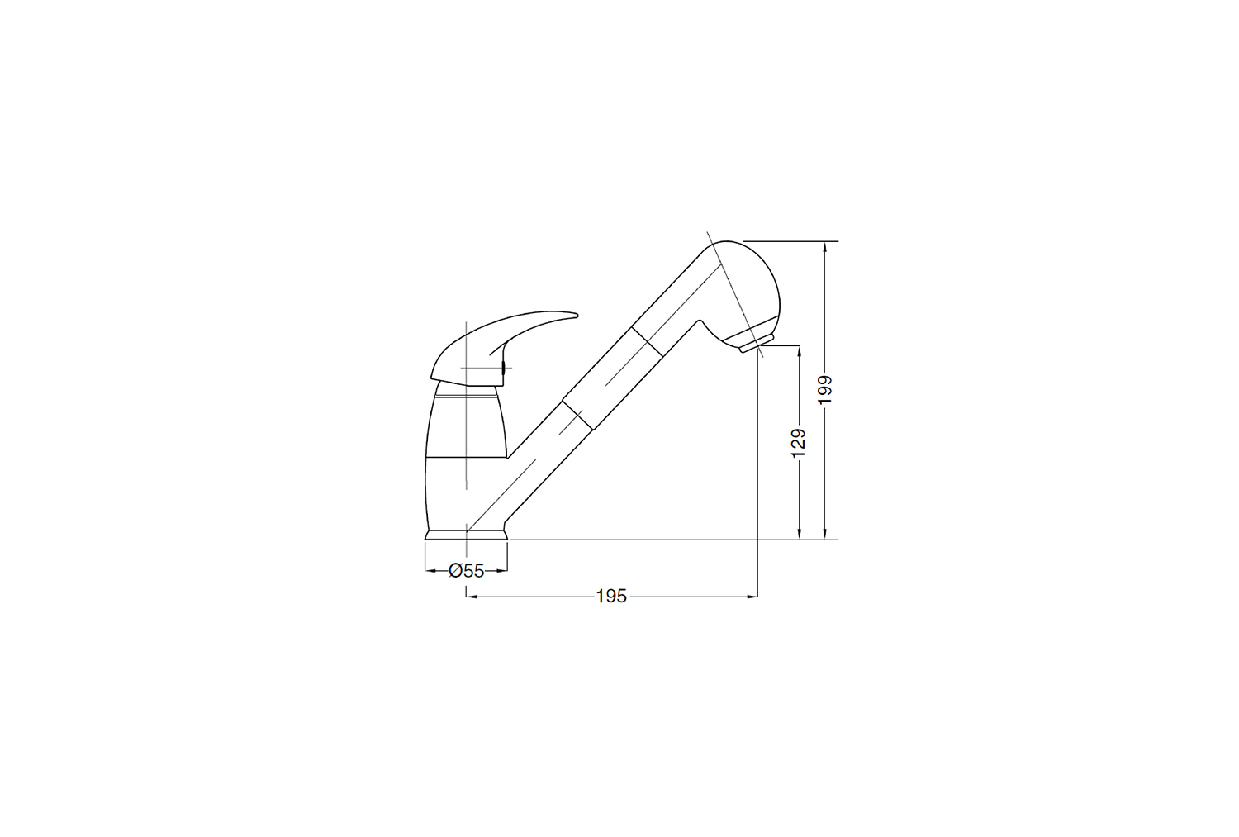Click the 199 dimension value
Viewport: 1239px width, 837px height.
(x=824, y=389)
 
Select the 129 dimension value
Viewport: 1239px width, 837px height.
(x=799, y=443)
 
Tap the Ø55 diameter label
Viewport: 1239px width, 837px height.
(x=467, y=570)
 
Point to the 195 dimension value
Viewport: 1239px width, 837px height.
(x=611, y=597)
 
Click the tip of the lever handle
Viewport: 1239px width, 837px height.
(x=577, y=316)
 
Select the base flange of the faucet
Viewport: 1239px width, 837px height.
(x=466, y=535)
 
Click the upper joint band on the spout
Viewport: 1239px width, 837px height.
(x=647, y=340)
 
